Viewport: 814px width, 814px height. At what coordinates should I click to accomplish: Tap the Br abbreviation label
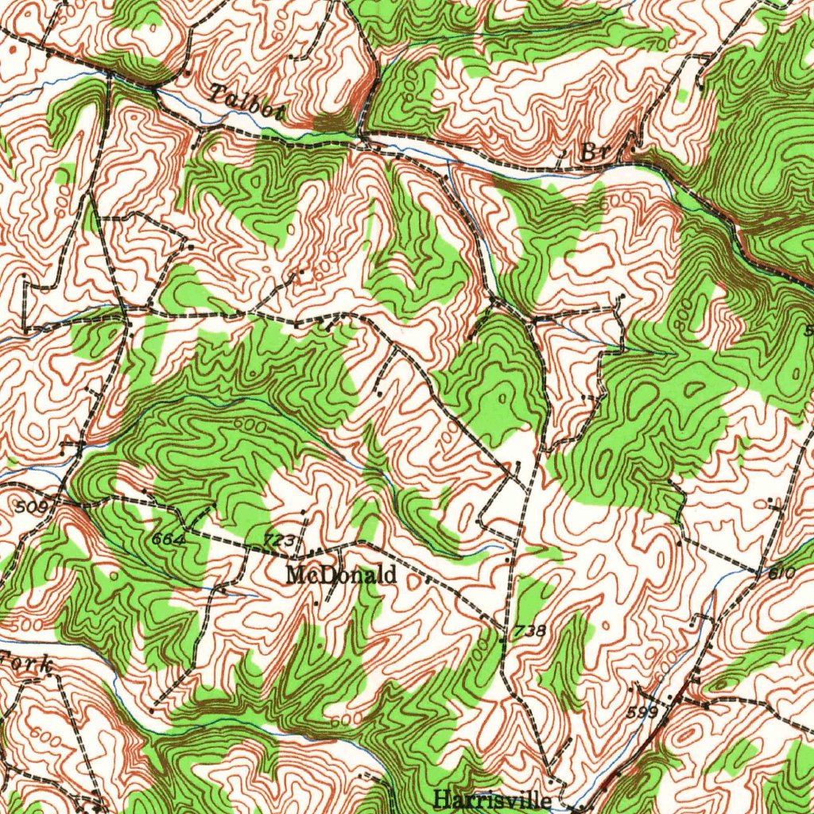(x=592, y=152)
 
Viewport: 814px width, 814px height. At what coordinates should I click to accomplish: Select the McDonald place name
(x=341, y=574)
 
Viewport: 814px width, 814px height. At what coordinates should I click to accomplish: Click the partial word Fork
(x=28, y=662)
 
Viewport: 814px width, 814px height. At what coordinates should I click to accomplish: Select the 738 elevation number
(x=529, y=631)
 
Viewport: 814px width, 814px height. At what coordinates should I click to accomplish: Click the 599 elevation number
(x=642, y=712)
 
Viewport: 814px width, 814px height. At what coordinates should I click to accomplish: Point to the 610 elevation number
(x=782, y=573)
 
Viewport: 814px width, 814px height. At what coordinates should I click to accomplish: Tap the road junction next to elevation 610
(x=755, y=571)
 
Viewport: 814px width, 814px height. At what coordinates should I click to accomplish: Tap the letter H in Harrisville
(x=442, y=799)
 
